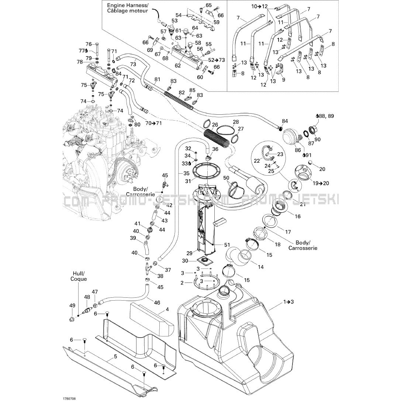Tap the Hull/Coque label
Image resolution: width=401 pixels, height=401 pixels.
pos(79,276)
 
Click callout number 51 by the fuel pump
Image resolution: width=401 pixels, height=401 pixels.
pos(227,245)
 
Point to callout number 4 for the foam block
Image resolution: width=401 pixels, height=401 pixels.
pos(167,310)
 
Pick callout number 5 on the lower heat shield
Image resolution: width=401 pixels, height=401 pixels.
pos(115,356)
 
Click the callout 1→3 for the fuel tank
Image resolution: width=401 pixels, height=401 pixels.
pos(288,302)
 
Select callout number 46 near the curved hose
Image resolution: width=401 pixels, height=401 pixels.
pos(157,303)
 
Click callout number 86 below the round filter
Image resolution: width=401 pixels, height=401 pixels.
pos(298,151)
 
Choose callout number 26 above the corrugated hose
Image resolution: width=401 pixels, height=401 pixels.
pos(215,125)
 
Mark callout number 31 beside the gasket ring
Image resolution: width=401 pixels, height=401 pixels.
pos(188,181)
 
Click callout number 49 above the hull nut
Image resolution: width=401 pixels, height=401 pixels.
pos(72,305)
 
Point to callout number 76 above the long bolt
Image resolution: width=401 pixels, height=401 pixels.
pos(88,44)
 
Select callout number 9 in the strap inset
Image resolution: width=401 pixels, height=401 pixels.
pos(283,80)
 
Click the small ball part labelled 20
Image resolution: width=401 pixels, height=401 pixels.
pos(310,162)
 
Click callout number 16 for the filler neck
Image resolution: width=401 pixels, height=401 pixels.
pos(298,217)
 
